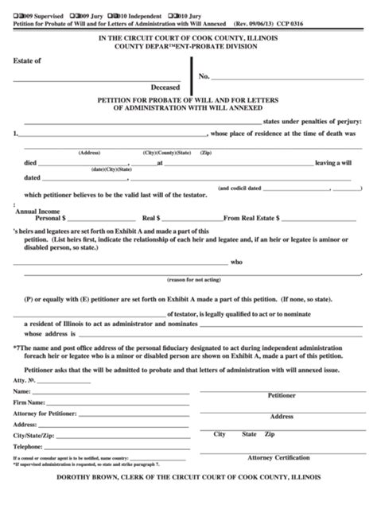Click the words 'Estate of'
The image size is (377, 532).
click(28, 60)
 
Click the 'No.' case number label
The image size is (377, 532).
click(204, 76)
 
